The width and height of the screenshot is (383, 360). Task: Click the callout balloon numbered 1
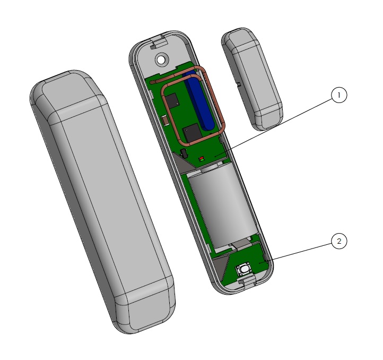[339, 95]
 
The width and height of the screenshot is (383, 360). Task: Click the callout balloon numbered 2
[339, 242]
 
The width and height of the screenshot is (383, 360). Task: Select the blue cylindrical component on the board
[199, 100]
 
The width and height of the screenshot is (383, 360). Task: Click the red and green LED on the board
[202, 159]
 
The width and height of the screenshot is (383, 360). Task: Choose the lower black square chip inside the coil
[192, 133]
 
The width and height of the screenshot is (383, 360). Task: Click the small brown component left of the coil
[166, 121]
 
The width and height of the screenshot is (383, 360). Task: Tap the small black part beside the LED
[184, 153]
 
